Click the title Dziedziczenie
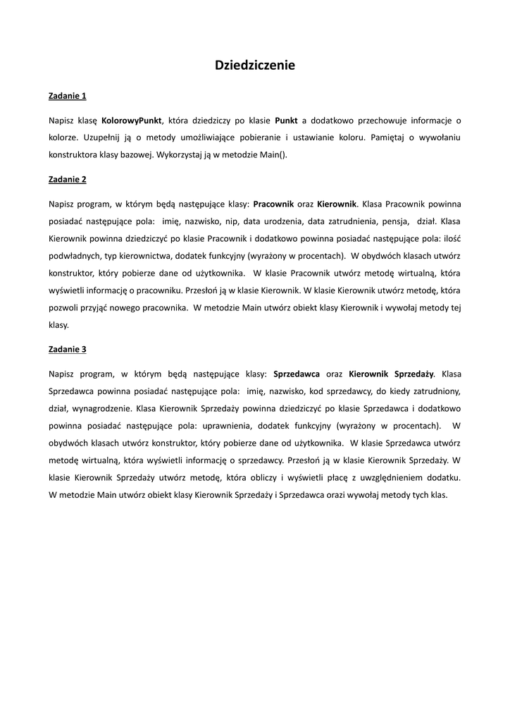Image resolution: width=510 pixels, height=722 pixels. [x=255, y=66]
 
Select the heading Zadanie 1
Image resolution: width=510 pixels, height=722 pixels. [x=68, y=94]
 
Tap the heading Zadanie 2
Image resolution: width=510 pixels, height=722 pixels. [x=68, y=179]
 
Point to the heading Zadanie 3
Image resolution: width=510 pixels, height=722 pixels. [x=68, y=349]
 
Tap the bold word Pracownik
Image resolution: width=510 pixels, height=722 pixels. [x=273, y=204]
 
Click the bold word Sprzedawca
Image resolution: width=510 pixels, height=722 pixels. [x=296, y=374]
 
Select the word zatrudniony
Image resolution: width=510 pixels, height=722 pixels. [x=433, y=391]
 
